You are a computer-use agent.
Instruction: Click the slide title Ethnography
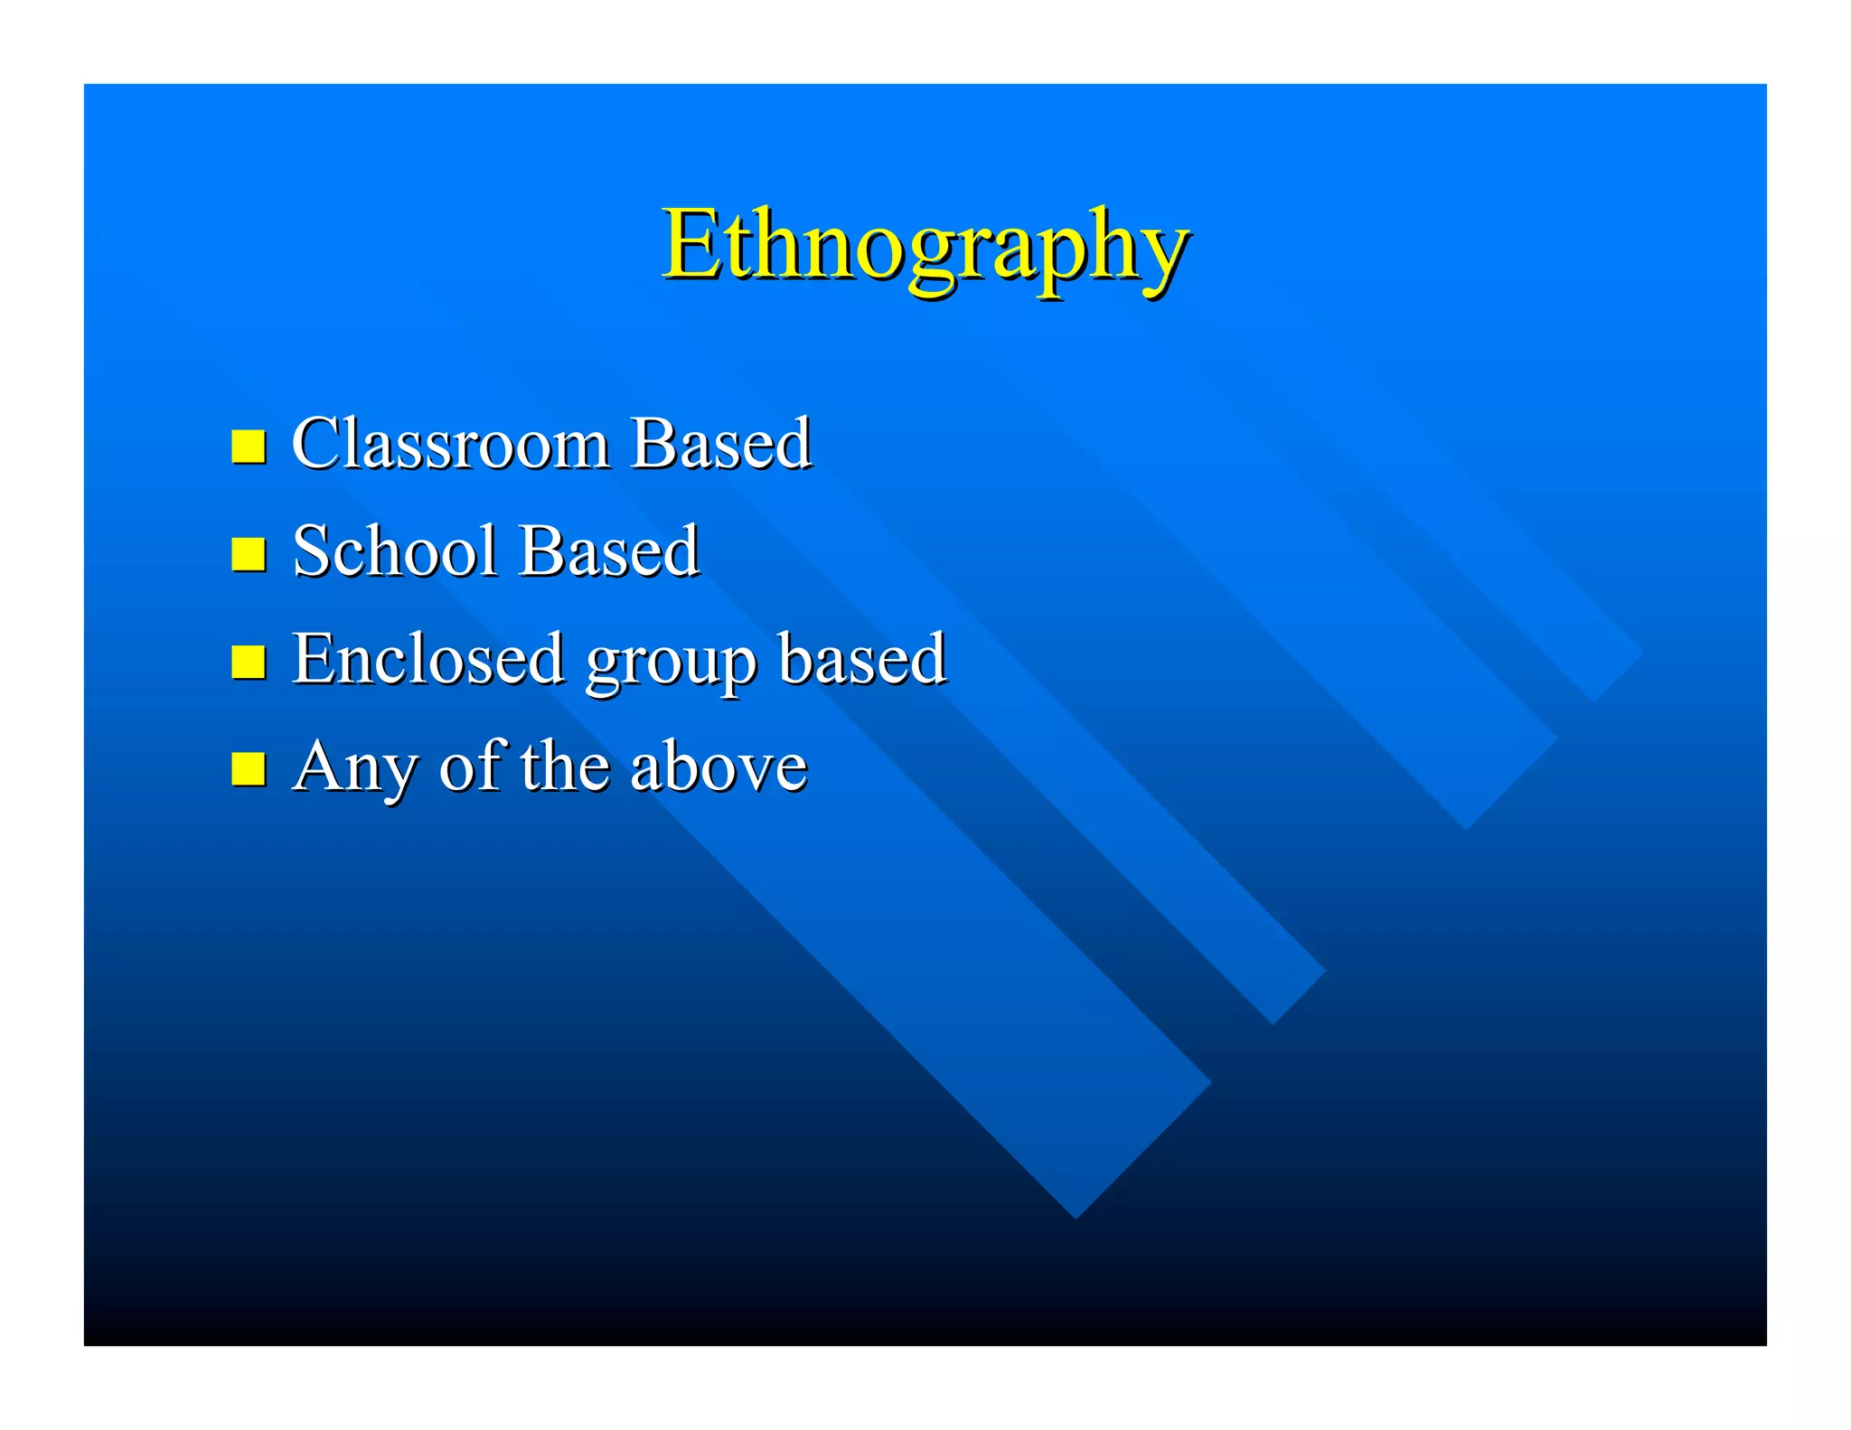[x=925, y=246]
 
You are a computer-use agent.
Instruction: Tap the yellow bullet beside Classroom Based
[x=248, y=446]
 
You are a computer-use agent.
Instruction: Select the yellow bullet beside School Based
[x=248, y=553]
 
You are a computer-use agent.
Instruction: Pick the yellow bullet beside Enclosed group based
[x=248, y=661]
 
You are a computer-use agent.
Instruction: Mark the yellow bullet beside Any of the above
[x=248, y=768]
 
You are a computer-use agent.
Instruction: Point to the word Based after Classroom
[x=720, y=444]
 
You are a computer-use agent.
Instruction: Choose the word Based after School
[x=608, y=551]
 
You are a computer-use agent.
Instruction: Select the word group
[x=670, y=664]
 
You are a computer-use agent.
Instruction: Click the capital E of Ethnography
[x=689, y=244]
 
